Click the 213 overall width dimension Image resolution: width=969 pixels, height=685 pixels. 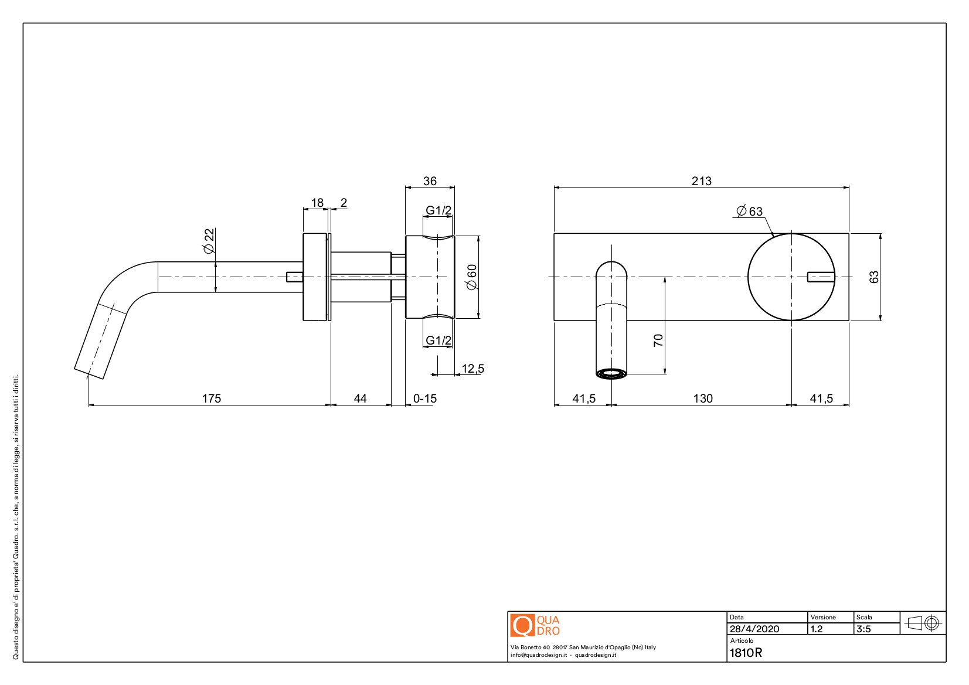(x=701, y=181)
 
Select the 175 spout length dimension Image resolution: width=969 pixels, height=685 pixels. (x=212, y=398)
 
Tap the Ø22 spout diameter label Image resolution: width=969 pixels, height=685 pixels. (x=209, y=241)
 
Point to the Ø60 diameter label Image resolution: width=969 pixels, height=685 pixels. (x=472, y=277)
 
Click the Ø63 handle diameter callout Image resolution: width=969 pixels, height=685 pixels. (x=750, y=211)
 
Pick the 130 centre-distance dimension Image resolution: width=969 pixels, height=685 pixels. (x=703, y=398)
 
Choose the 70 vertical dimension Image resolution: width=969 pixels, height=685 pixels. (x=658, y=340)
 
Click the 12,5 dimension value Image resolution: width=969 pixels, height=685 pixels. (x=472, y=369)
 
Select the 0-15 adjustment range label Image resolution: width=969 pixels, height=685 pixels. (x=425, y=398)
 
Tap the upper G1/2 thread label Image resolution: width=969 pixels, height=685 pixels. (x=438, y=210)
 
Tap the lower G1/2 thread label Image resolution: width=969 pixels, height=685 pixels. (x=438, y=340)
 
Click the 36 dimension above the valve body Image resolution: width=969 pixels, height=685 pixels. (x=430, y=181)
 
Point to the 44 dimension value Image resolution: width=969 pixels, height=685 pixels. (x=360, y=398)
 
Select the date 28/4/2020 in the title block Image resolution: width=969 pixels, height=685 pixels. (x=754, y=629)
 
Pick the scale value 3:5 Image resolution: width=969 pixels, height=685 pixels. (x=863, y=629)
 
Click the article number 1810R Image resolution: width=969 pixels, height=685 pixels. (x=746, y=653)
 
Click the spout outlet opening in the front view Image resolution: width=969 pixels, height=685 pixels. (x=611, y=373)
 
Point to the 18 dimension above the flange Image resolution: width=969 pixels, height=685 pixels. (x=317, y=203)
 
